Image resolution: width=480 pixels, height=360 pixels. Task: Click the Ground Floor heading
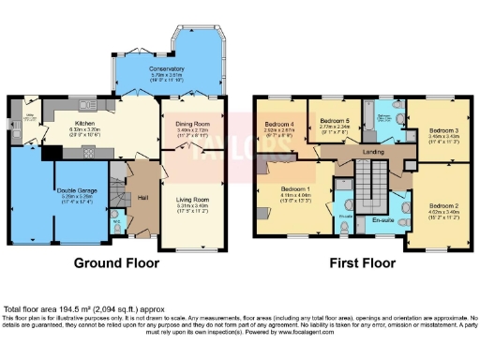point(114,263)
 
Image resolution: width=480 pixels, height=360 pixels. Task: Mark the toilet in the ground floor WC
point(116,224)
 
